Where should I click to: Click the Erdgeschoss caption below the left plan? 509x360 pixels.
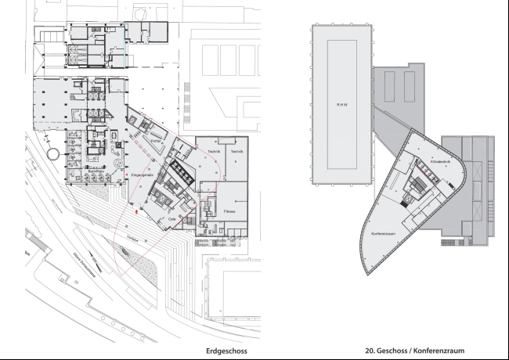pos(226,351)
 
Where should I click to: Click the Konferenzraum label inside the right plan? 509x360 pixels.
pos(385,233)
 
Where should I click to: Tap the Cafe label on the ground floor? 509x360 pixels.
pos(172,220)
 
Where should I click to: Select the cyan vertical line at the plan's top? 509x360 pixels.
pos(124,40)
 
